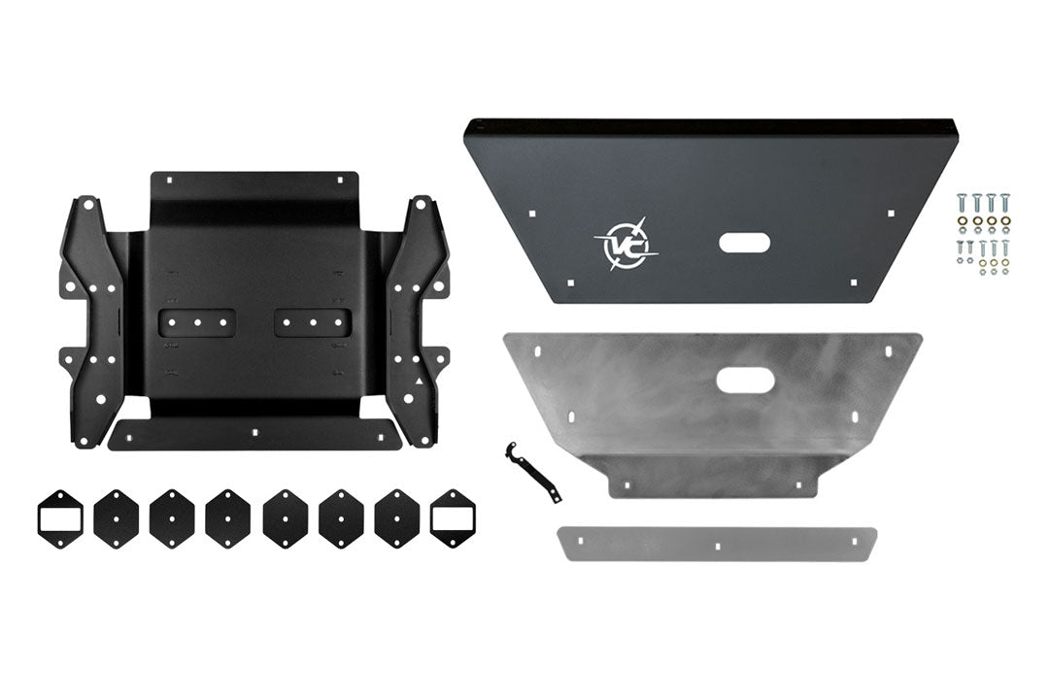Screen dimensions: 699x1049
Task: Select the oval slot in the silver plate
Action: point(746,380)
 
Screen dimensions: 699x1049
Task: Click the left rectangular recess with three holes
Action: point(197,322)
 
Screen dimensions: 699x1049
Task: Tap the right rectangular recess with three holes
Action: point(313,322)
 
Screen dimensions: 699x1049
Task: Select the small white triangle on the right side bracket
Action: point(418,384)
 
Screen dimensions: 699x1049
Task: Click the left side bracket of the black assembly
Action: point(91,320)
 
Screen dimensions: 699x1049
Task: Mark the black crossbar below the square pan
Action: point(254,434)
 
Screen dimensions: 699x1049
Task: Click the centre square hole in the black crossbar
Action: point(254,430)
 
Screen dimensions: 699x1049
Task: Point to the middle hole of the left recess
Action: point(197,322)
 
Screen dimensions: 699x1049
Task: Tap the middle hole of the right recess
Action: point(313,322)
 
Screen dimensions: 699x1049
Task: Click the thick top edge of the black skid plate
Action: point(714,126)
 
